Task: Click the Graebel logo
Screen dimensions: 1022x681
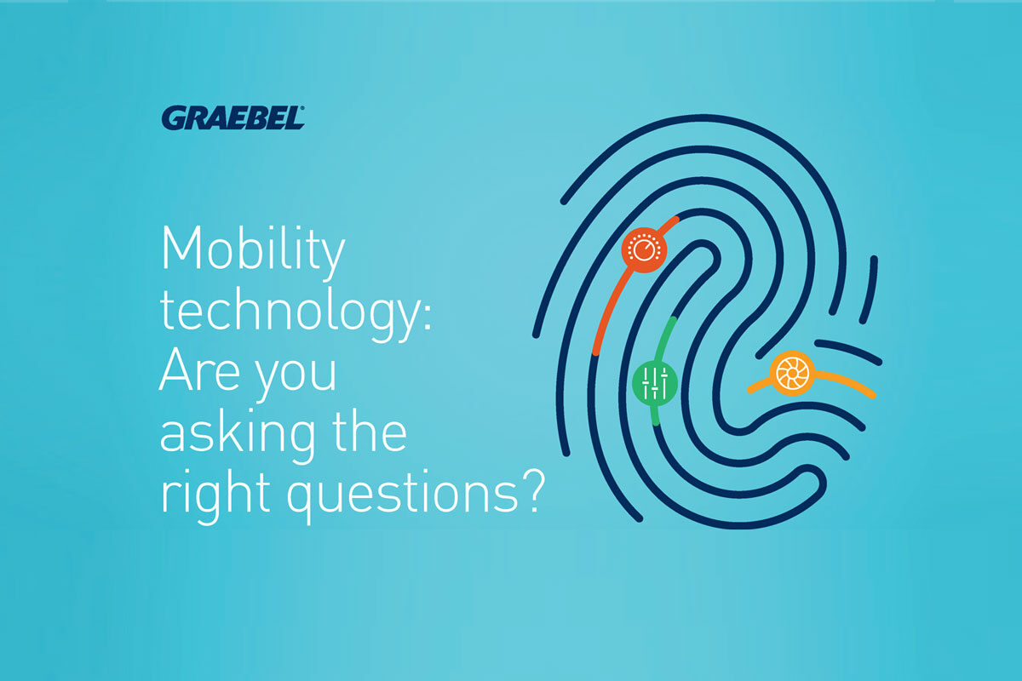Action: [x=233, y=118]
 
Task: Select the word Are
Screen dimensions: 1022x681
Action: [x=200, y=371]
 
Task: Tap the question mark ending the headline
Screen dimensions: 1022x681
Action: [x=533, y=491]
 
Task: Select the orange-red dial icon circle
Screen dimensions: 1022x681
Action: [x=644, y=250]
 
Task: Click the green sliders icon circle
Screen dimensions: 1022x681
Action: [x=654, y=383]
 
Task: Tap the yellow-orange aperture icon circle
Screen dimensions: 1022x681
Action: [x=792, y=373]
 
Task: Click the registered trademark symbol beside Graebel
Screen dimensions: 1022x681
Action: [x=301, y=109]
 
